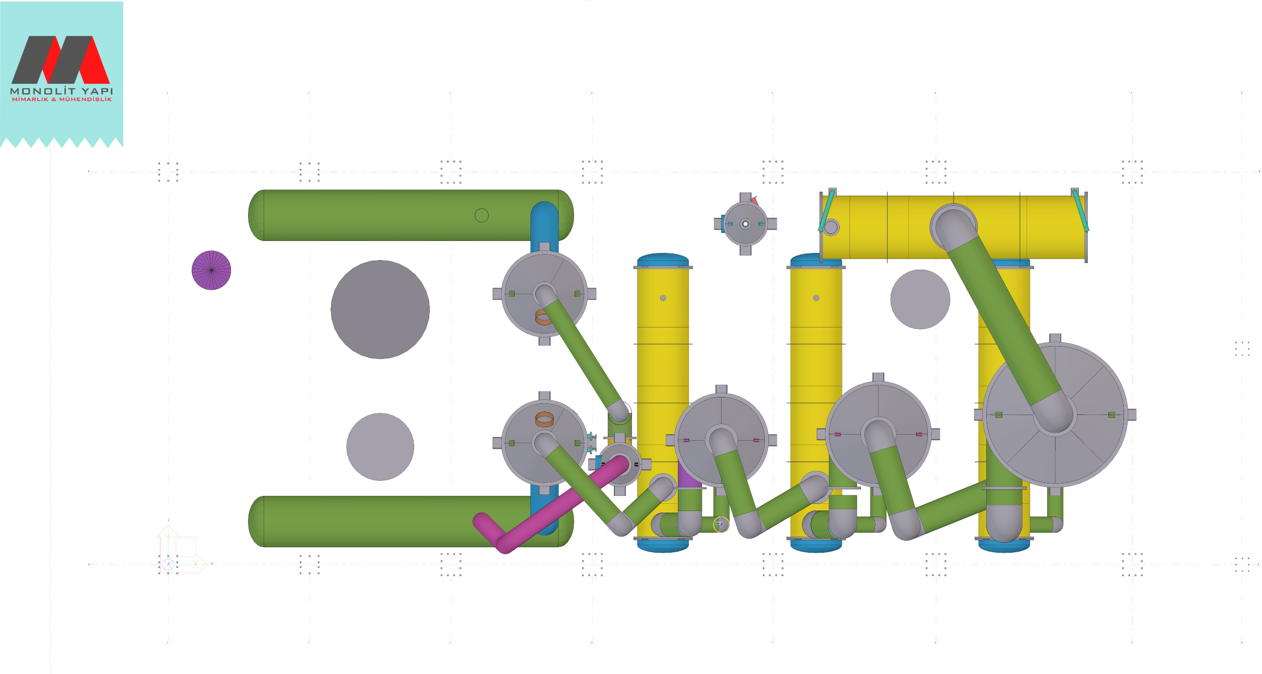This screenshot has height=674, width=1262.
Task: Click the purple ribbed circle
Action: point(211,270)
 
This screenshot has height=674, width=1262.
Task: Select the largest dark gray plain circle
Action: point(380,309)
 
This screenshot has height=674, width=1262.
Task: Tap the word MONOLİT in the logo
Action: point(43,91)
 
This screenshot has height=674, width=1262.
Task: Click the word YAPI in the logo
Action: point(98,91)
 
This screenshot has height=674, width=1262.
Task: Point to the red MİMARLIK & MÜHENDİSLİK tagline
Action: point(62,100)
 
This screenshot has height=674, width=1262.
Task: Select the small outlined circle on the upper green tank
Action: point(482,215)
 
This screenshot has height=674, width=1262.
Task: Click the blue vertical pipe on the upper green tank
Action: point(544,226)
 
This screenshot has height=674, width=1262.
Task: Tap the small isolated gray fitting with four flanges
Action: point(745,224)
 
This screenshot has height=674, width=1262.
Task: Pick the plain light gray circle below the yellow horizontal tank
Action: point(920,299)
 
